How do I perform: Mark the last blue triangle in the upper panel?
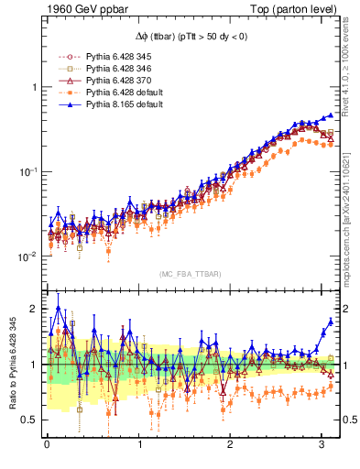click(331, 115)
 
